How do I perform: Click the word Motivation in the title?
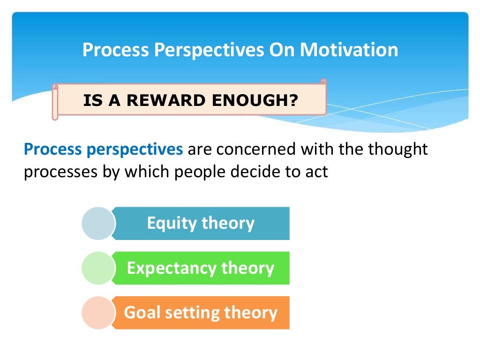(349, 50)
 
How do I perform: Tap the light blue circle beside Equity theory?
(97, 223)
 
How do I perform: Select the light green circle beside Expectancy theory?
(97, 268)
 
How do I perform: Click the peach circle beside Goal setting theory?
(97, 313)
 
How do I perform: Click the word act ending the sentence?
(317, 172)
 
